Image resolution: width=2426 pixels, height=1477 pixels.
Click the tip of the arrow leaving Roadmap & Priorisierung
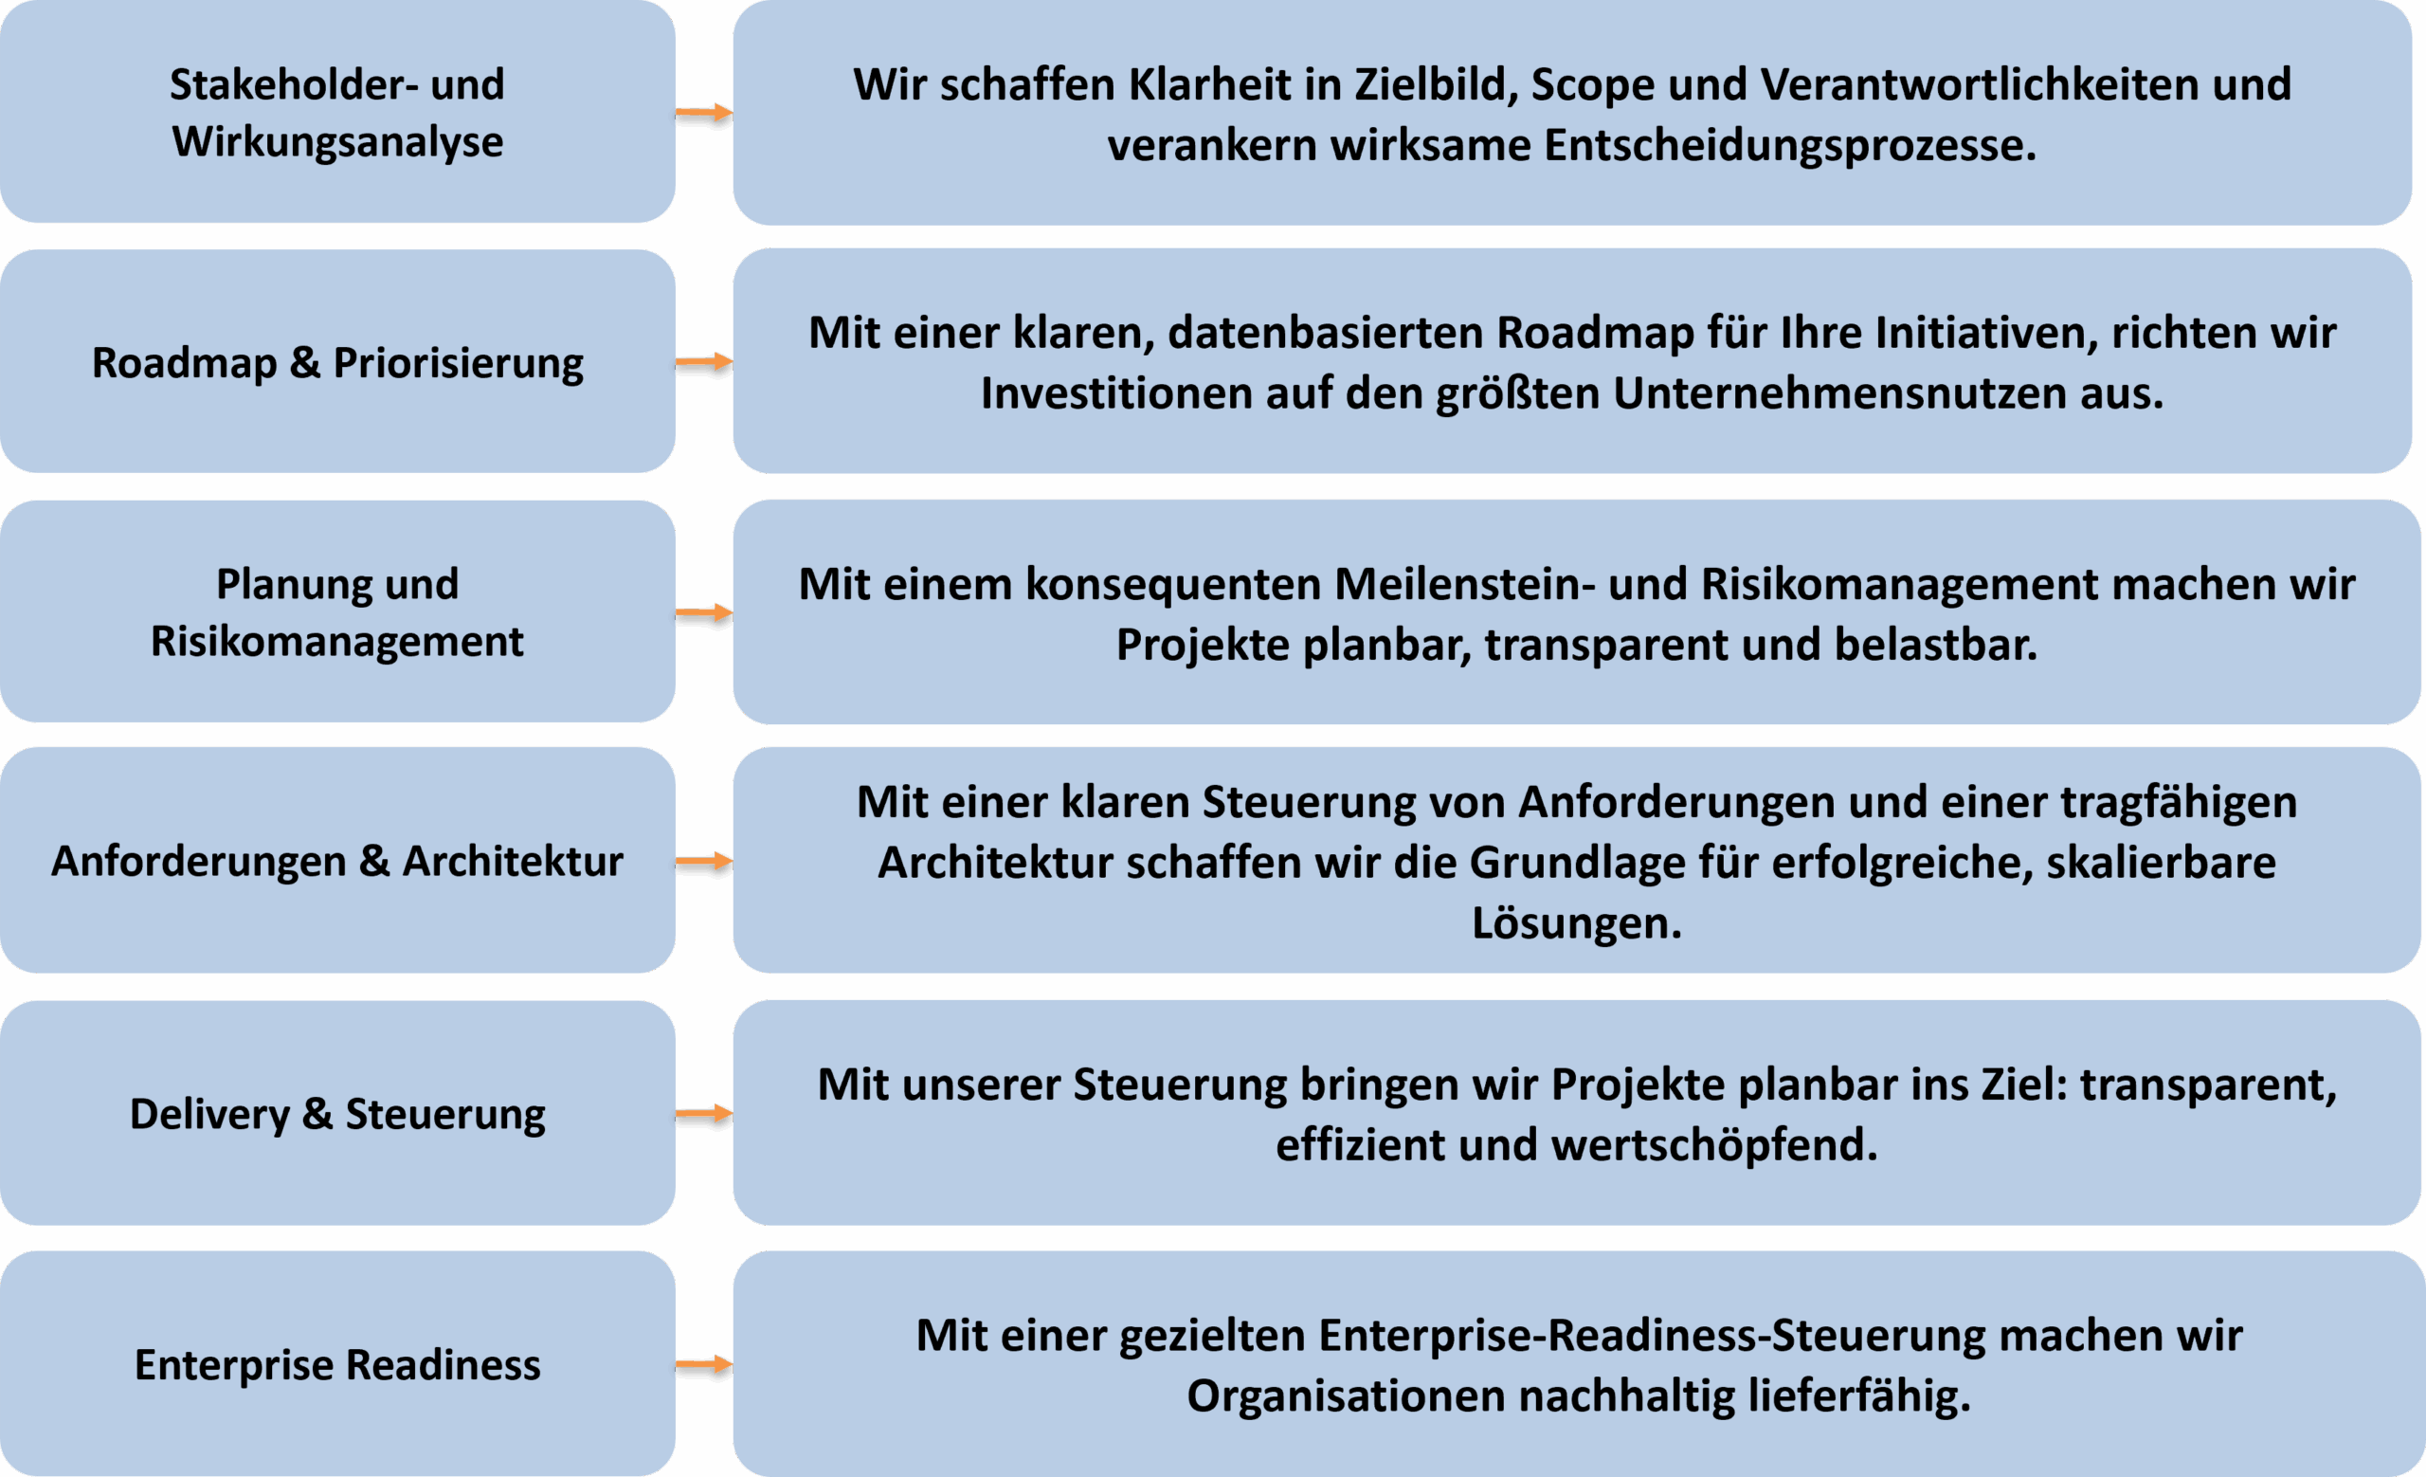(x=733, y=362)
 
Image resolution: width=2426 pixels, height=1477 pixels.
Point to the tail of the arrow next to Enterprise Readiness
(x=677, y=1365)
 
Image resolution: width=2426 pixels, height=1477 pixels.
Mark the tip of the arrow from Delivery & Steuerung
(x=733, y=1114)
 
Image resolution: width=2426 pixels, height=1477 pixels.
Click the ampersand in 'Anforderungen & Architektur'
(x=374, y=862)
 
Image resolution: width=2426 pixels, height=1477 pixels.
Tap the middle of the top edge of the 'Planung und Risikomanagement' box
(x=337, y=501)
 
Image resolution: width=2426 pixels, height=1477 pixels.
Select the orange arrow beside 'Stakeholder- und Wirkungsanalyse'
(x=705, y=113)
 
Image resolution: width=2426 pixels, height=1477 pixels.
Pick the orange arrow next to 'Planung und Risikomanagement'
(x=705, y=612)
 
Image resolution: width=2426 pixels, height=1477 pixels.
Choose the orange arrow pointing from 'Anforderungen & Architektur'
(x=705, y=862)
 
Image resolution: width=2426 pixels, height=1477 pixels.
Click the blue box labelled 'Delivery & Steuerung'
(x=337, y=1113)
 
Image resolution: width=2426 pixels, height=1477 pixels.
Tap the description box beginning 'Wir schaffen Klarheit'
(x=1572, y=112)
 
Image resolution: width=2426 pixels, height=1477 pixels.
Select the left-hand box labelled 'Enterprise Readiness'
(x=337, y=1364)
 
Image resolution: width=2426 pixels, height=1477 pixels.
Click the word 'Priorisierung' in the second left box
(x=458, y=363)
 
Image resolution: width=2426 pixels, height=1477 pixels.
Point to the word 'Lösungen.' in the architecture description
(x=1576, y=923)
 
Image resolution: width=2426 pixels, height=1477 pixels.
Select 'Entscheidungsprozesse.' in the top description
(x=1790, y=146)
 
